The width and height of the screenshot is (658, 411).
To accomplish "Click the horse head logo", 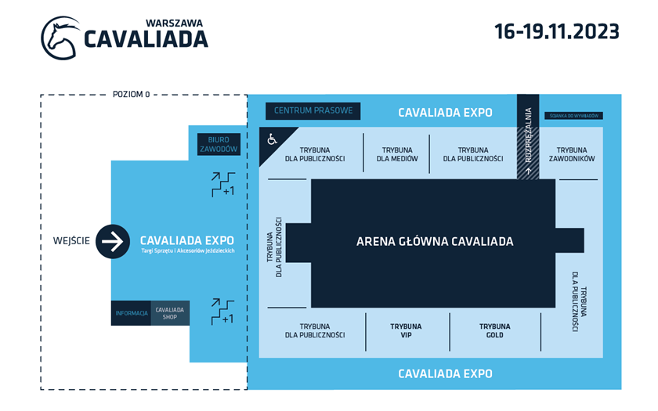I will [60, 38].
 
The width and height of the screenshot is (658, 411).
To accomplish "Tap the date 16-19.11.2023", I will [556, 31].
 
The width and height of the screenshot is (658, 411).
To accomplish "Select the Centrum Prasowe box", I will [313, 111].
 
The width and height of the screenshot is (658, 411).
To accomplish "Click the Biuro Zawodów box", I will [218, 144].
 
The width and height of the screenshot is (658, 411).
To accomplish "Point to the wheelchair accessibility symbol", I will [272, 139].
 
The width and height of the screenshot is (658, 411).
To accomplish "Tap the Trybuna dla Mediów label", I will [397, 154].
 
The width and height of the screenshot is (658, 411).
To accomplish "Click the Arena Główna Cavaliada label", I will [435, 241].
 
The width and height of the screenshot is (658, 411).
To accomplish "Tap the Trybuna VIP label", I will [406, 330].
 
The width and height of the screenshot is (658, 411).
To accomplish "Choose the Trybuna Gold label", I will [495, 330].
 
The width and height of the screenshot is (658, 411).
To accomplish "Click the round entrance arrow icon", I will [113, 241].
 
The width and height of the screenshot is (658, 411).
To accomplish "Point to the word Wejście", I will [71, 241].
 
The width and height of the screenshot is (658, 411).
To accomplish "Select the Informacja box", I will [131, 313].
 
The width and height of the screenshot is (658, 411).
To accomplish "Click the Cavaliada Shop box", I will [170, 313].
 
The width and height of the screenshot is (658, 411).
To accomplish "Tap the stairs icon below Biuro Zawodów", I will [222, 184].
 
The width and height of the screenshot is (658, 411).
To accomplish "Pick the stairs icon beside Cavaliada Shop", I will [222, 311].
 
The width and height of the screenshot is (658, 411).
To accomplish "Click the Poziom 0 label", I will [131, 94].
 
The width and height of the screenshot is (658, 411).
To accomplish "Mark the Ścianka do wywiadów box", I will [572, 116].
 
